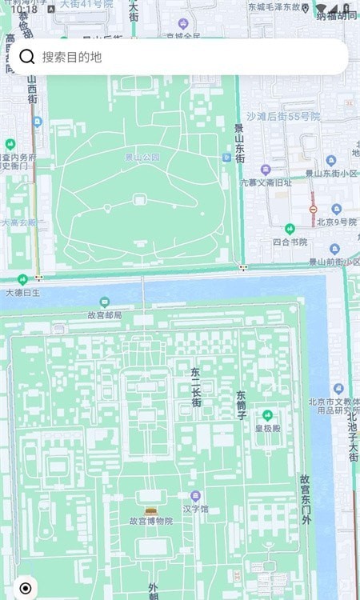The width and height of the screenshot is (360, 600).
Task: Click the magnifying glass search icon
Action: [x=26, y=57]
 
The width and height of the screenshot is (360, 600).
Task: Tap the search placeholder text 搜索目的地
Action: [x=72, y=58]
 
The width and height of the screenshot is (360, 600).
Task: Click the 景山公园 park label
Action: [x=142, y=158]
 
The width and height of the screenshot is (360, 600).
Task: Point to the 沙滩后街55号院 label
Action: [x=283, y=117]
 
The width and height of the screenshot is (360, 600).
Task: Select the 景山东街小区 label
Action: [x=331, y=174]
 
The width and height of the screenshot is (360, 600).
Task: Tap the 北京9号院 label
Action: [x=335, y=222]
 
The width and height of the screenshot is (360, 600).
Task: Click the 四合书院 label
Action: [x=290, y=242]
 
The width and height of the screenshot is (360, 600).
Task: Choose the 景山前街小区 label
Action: [x=334, y=262]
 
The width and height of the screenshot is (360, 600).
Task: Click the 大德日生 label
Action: [x=23, y=293]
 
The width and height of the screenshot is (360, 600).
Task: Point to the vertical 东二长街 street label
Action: [x=196, y=387]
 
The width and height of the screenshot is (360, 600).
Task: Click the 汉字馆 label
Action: [x=195, y=509]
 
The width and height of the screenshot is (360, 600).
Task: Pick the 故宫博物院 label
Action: [x=151, y=521]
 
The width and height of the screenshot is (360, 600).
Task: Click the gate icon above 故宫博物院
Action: [x=151, y=509]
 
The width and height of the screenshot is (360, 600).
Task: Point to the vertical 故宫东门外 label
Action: [x=305, y=500]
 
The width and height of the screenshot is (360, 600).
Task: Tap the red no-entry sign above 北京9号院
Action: [x=313, y=209]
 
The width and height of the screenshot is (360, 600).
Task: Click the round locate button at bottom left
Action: [x=25, y=588]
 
